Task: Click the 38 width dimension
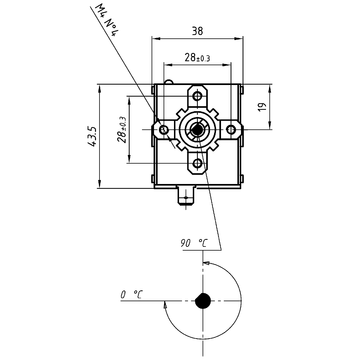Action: [x=197, y=30]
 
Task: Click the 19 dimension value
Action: [x=260, y=106]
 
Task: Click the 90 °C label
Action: [x=193, y=243]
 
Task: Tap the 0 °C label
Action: [x=131, y=295]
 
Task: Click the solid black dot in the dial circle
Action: [x=203, y=299]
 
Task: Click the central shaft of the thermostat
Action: [x=197, y=128]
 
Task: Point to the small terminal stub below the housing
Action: [x=185, y=197]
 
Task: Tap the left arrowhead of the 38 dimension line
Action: [x=155, y=39]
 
